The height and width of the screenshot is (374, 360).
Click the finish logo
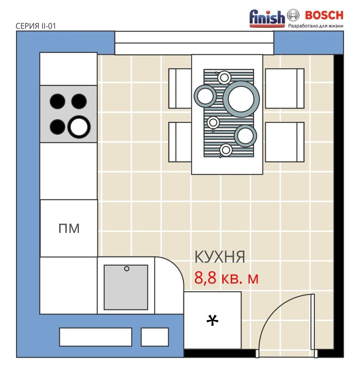pyautogui.click(x=267, y=18)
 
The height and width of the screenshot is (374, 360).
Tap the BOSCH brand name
pyautogui.click(x=324, y=15)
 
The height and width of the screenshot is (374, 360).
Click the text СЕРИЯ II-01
pyautogui.click(x=36, y=26)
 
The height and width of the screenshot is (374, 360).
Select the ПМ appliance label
pyautogui.click(x=69, y=228)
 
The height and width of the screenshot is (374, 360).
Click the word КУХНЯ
pyautogui.click(x=220, y=257)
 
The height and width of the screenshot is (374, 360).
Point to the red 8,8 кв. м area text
pyautogui.click(x=226, y=278)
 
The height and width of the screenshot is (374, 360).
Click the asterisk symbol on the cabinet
pyautogui.click(x=212, y=321)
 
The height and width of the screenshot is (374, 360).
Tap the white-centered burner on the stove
pyautogui.click(x=79, y=127)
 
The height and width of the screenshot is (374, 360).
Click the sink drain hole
pyautogui.click(x=127, y=269)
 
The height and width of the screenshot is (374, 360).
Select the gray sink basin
pyautogui.click(x=126, y=287)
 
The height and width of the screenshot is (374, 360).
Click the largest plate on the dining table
pyautogui.click(x=241, y=99)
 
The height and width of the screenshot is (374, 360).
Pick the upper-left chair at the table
pyautogui.click(x=180, y=89)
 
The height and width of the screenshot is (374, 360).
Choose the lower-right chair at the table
pyautogui.click(x=284, y=142)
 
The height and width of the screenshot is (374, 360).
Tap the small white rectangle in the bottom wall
pyautogui.click(x=155, y=337)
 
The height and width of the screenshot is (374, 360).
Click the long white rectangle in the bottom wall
pyautogui.click(x=95, y=337)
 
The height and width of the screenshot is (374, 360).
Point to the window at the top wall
pyautogui.click(x=194, y=43)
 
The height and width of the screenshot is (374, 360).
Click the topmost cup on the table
pyautogui.click(x=224, y=77)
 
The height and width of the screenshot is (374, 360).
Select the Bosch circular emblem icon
pyautogui.click(x=293, y=15)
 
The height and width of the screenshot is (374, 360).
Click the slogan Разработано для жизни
pyautogui.click(x=316, y=26)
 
